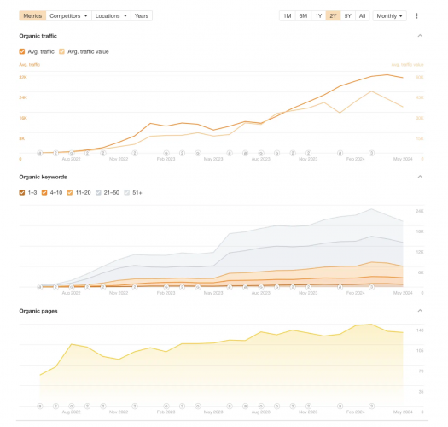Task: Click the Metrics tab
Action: [x=32, y=15]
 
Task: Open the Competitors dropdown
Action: [x=68, y=15]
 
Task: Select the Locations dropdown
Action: [x=111, y=15]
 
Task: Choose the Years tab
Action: [x=142, y=15]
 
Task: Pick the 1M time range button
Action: [x=288, y=15]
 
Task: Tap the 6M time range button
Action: [x=303, y=15]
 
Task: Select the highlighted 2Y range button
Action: [x=333, y=15]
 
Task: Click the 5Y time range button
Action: [x=347, y=15]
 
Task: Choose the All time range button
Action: [x=363, y=15]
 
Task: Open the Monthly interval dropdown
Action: [x=389, y=15]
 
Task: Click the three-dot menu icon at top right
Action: [x=416, y=15]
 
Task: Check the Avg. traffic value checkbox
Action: [x=62, y=51]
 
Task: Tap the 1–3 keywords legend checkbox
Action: [x=22, y=192]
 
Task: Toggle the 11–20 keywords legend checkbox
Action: [x=71, y=192]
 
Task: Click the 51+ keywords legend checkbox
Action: [x=128, y=192]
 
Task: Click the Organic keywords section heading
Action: [x=43, y=177]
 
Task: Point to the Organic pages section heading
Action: [x=38, y=311]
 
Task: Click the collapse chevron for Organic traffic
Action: [x=420, y=36]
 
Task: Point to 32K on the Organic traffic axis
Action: [x=23, y=77]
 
